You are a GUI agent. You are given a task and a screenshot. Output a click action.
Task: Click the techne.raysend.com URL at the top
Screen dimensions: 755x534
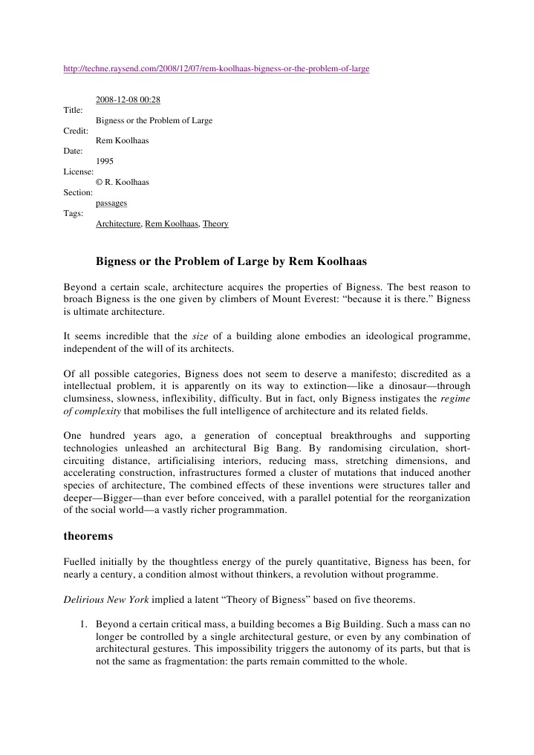point(216,69)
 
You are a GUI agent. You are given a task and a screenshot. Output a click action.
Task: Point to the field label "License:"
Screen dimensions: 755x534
point(79,171)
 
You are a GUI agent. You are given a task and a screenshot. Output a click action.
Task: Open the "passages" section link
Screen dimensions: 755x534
point(111,203)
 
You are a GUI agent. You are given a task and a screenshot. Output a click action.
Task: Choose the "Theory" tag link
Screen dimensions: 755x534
point(215,223)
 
